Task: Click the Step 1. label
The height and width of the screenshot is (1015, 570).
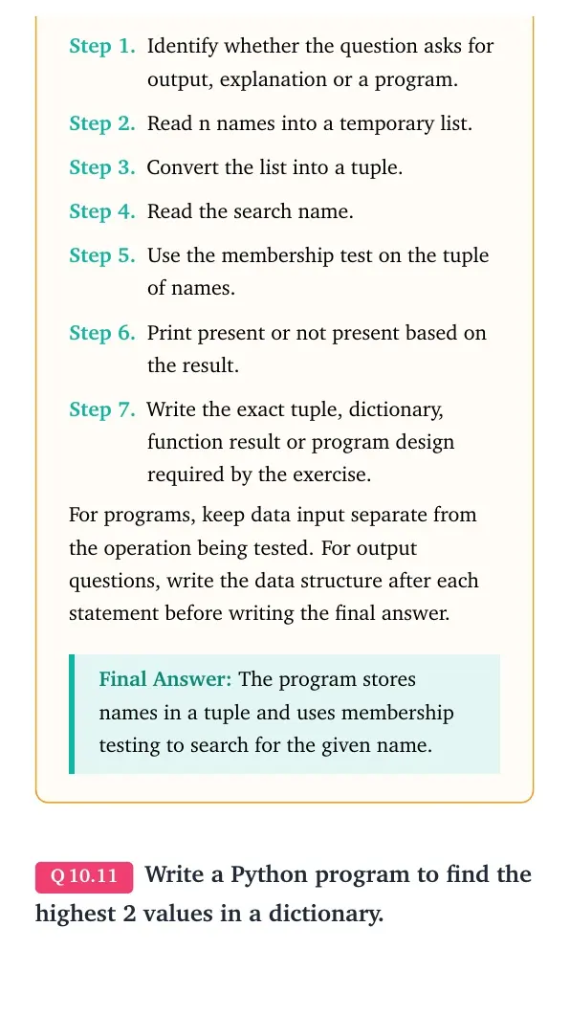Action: (x=102, y=47)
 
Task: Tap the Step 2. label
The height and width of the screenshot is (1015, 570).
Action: (x=102, y=123)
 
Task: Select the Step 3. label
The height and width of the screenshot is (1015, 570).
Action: (x=102, y=167)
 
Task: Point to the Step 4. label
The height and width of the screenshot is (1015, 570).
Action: (x=102, y=211)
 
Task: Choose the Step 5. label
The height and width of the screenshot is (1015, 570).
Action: (x=102, y=255)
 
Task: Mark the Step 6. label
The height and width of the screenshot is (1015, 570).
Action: (x=102, y=333)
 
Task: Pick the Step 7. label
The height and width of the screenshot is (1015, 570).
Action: (x=102, y=409)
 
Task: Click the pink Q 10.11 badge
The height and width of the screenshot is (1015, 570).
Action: (x=84, y=876)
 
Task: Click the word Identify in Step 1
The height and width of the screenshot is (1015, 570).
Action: (x=183, y=47)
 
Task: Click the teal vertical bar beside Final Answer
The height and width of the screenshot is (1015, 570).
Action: (x=72, y=714)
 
